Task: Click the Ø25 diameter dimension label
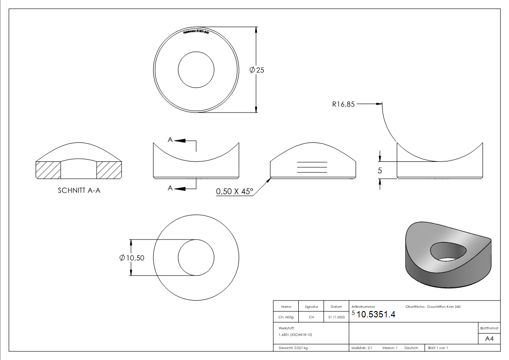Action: coord(257,70)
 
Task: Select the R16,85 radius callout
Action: coord(343,104)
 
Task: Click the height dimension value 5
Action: coord(380,170)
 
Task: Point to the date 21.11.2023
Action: coord(336,317)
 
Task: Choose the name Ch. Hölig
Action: coord(286,317)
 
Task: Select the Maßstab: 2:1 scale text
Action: coord(362,348)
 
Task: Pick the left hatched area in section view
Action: coord(48,170)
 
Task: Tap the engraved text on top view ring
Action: coord(196,32)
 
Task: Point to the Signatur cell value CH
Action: coord(311,317)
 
